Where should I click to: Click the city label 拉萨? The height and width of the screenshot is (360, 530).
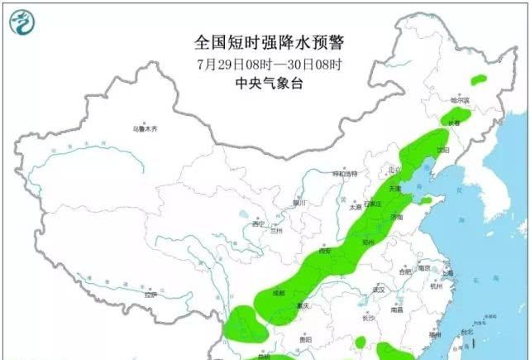coord(150,295)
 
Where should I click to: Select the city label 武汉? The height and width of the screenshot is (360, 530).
coord(380,290)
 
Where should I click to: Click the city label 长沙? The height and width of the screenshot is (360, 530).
coord(370,317)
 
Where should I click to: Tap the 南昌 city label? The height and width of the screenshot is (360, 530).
coord(398,310)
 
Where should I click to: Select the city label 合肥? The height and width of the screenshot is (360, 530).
coord(404,271)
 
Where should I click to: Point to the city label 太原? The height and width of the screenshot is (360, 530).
coord(356,208)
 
